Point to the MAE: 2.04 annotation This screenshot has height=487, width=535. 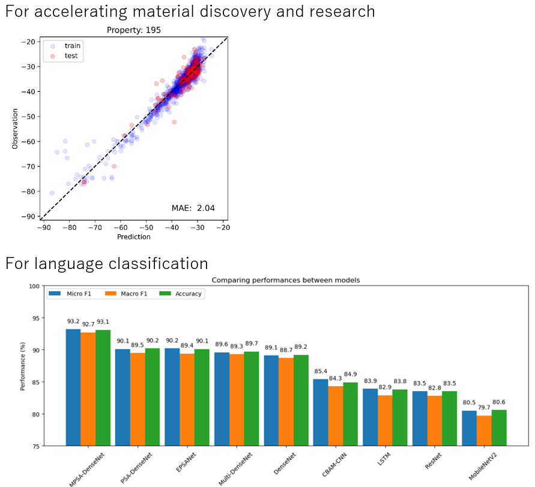193,208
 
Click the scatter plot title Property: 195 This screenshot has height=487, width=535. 133,30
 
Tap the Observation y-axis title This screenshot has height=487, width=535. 15,129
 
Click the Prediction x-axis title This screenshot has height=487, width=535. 133,237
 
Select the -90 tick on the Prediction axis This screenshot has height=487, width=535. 44,228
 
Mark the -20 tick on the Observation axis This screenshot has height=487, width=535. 29,42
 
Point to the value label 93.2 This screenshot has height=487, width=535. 73,321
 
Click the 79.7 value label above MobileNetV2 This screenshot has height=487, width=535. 485,408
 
